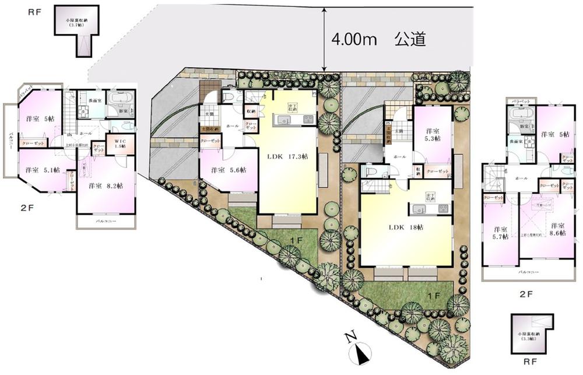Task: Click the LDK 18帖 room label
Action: coord(406,226)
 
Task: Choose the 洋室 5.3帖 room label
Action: coord(432,135)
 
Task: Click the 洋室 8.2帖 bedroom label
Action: coord(106,186)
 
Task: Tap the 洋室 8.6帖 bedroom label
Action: coord(559,230)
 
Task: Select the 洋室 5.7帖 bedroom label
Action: coord(500,233)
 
